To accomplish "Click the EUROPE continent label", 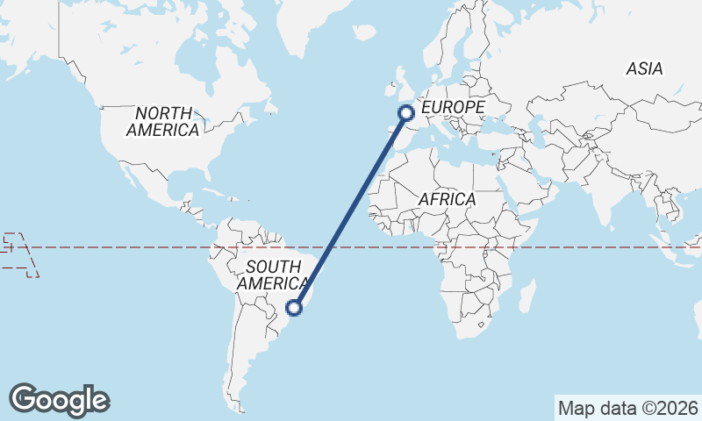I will [453, 107].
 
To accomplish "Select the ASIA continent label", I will [644, 68].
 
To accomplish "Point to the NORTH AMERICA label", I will [162, 121].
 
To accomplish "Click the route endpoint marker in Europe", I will [406, 112].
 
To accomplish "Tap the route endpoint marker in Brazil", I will [296, 308].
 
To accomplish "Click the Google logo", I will [59, 400].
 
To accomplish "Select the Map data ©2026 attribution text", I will [628, 408].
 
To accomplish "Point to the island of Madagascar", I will [527, 295].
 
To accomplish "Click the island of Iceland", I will [363, 33].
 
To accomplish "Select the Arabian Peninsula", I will [536, 189].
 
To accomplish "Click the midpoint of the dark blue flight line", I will [351, 210].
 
